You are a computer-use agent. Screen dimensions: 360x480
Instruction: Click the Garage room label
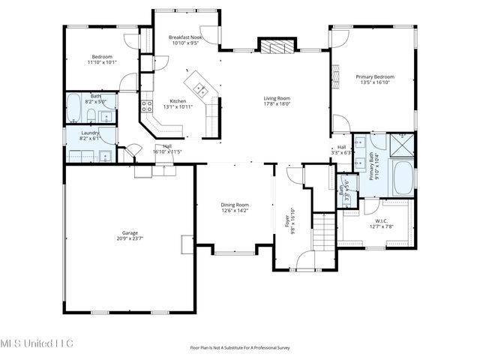point(129,232)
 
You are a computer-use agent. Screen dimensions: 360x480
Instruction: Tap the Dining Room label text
point(235,205)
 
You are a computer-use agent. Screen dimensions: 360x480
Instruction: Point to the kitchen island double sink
point(201,90)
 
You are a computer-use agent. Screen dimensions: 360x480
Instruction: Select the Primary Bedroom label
point(373,76)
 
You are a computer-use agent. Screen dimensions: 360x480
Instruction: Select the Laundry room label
point(89,133)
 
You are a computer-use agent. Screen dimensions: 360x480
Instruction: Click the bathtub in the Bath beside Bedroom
point(74,109)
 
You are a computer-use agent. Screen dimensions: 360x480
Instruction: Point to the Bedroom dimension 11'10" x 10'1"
point(103,62)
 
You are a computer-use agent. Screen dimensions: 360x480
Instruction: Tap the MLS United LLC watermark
point(37,343)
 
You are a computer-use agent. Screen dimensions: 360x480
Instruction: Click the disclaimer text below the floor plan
point(239,348)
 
